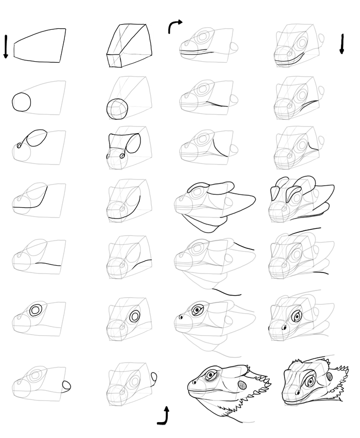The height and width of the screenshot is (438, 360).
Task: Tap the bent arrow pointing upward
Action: (164, 416)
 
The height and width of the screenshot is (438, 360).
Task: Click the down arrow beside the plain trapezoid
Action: (6, 46)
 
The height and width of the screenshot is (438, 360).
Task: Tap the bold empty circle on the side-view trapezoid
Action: (22, 101)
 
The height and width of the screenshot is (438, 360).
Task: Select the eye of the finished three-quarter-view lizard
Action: (309, 381)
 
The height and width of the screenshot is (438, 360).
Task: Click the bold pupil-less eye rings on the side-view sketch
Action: (36, 310)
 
